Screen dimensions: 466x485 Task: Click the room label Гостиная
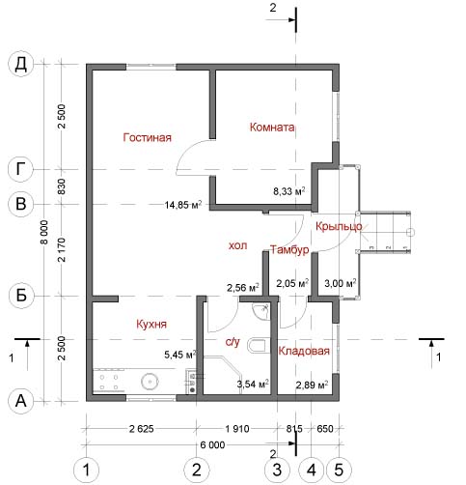click(148, 137)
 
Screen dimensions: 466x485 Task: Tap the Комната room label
click(272, 128)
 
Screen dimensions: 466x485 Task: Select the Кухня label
click(151, 324)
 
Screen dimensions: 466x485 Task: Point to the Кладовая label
click(304, 351)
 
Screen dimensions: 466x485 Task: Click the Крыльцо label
click(339, 227)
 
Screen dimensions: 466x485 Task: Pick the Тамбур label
click(289, 249)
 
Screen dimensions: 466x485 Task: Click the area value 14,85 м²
click(183, 205)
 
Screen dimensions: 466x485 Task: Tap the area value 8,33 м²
click(289, 191)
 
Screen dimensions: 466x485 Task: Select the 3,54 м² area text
click(253, 384)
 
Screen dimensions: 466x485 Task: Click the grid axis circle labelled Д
click(21, 64)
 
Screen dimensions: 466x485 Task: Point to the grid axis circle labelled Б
click(21, 296)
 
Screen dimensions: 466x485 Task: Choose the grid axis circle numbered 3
click(277, 470)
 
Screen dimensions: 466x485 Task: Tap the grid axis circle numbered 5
click(339, 470)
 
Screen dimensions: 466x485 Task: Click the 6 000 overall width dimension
click(212, 445)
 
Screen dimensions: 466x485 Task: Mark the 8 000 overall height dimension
click(44, 232)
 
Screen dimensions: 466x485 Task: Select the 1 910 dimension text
click(237, 429)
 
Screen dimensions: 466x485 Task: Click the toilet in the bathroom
click(257, 345)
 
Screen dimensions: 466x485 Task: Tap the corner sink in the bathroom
click(261, 311)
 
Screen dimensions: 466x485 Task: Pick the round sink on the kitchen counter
click(150, 382)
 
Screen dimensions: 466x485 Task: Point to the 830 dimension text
click(61, 186)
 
